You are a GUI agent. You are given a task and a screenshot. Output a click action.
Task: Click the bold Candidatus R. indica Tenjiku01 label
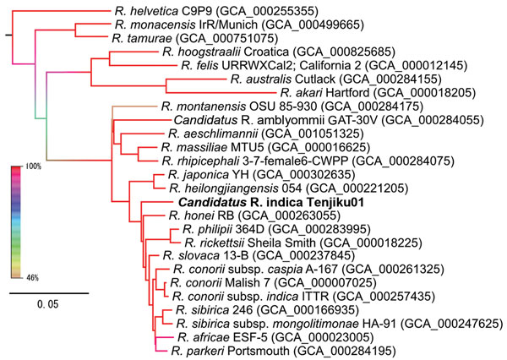[271, 203]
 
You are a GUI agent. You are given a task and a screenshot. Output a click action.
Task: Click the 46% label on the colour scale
[32, 278]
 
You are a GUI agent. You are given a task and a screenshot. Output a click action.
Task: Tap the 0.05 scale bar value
[48, 304]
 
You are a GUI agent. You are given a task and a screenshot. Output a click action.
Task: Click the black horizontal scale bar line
[49, 293]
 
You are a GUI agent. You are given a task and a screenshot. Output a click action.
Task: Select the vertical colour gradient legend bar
[16, 222]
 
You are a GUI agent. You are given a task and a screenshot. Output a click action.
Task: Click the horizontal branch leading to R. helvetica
[62, 11]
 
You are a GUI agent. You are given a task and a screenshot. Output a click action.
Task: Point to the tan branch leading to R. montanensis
[135, 106]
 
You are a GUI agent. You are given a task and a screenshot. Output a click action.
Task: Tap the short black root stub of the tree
[8, 35]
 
